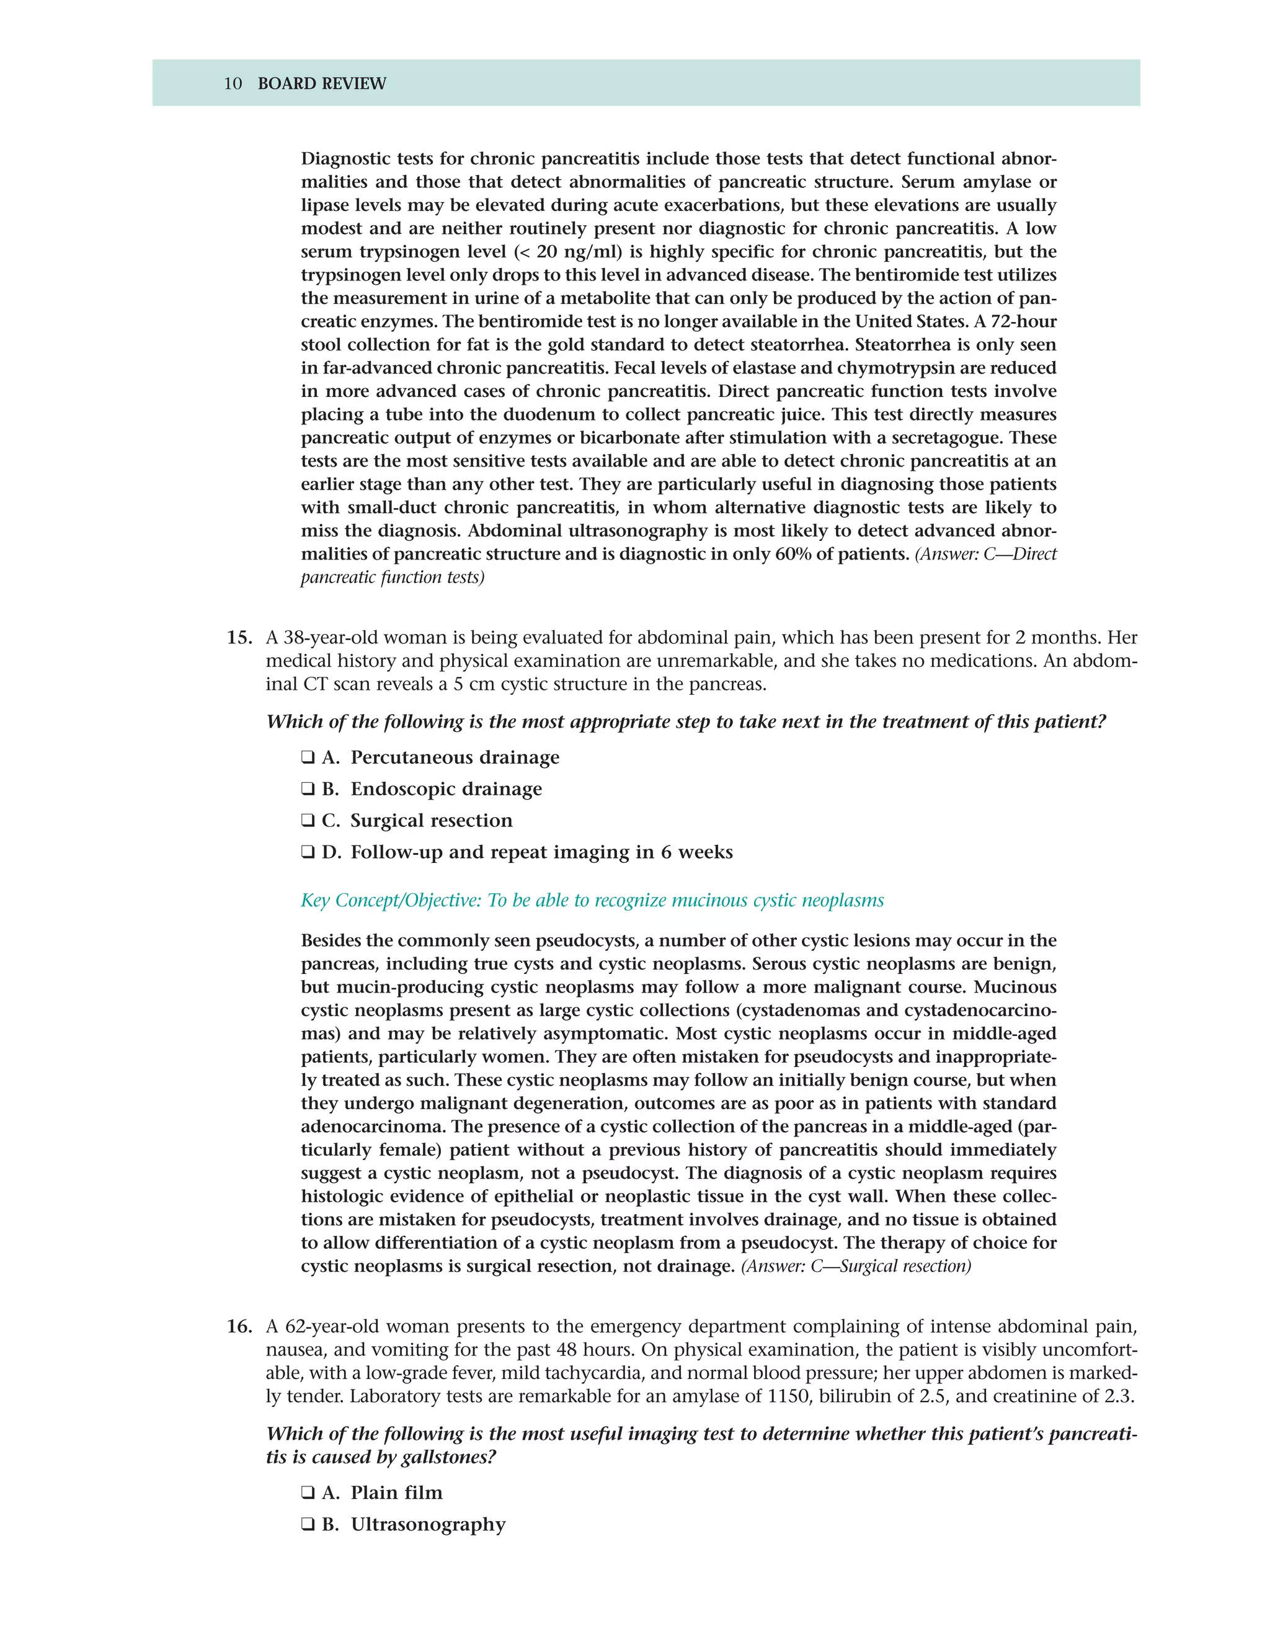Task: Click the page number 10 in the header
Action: coord(233,84)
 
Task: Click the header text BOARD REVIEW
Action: coord(321,84)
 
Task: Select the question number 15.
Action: coord(239,638)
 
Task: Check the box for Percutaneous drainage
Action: coord(308,757)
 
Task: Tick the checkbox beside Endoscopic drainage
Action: coord(308,789)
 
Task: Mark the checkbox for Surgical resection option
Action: coord(308,821)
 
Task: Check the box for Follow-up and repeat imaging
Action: coord(308,852)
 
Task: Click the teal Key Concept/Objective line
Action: coord(592,900)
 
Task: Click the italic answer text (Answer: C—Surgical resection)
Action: coord(855,1266)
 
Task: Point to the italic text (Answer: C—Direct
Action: coord(985,554)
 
